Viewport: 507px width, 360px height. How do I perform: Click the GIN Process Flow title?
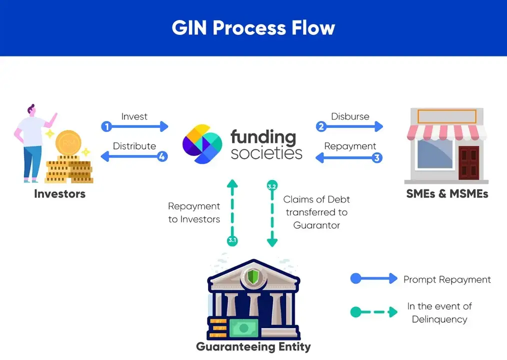click(253, 28)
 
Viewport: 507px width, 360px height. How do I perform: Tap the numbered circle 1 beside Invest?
click(106, 126)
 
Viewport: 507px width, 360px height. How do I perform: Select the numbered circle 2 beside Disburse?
click(321, 126)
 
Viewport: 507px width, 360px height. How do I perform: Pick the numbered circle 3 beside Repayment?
click(377, 157)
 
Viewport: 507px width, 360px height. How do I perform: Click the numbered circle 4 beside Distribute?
click(162, 156)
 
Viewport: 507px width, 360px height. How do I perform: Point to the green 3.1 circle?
click(232, 240)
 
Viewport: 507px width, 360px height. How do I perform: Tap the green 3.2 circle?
click(272, 186)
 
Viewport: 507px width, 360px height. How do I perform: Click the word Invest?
click(134, 116)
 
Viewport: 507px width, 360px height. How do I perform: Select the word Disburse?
click(349, 116)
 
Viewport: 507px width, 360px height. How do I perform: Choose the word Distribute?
click(134, 146)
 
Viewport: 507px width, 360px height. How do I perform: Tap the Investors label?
click(59, 194)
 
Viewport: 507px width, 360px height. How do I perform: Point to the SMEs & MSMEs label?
click(447, 194)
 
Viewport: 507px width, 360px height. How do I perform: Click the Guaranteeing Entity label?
click(253, 346)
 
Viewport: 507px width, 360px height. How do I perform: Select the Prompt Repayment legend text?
click(447, 279)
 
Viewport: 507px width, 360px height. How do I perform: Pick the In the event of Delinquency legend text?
click(439, 312)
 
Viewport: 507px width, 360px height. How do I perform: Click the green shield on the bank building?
click(254, 275)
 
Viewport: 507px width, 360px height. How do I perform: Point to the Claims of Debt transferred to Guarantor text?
click(316, 212)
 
